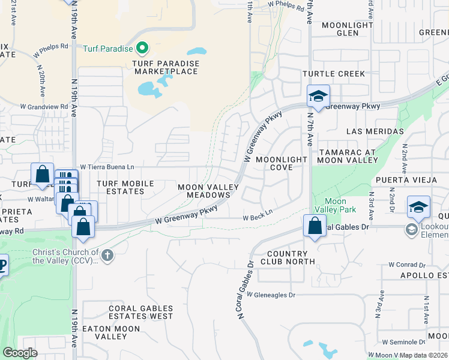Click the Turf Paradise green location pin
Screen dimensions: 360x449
(x=142, y=47)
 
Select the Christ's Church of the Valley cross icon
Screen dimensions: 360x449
(x=107, y=256)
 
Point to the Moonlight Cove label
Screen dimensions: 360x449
(x=282, y=164)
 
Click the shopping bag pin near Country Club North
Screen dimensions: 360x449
(x=315, y=226)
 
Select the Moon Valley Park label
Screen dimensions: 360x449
(x=339, y=205)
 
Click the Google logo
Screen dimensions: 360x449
(x=20, y=353)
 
